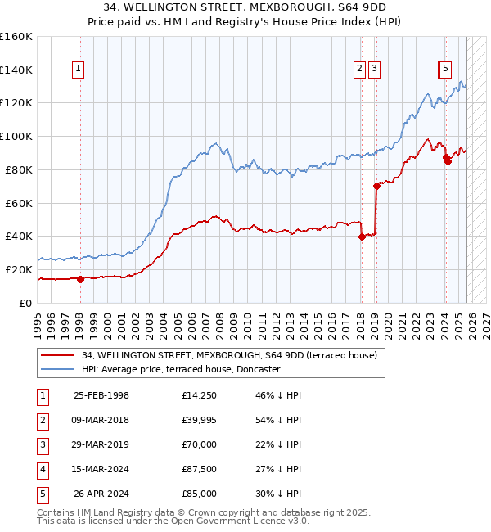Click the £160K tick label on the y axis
coord(16,37)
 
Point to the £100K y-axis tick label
coord(16,137)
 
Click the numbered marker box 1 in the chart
coord(79,70)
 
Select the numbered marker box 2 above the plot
coord(359,70)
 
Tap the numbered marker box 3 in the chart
coord(374,70)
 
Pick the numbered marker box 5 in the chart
coord(446,70)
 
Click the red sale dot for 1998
coord(81,278)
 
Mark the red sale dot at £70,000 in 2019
coord(376,186)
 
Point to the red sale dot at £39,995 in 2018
coord(362,237)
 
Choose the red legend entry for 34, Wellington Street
coord(229,355)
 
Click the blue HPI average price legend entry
coord(181,370)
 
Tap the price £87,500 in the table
coord(200,469)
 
